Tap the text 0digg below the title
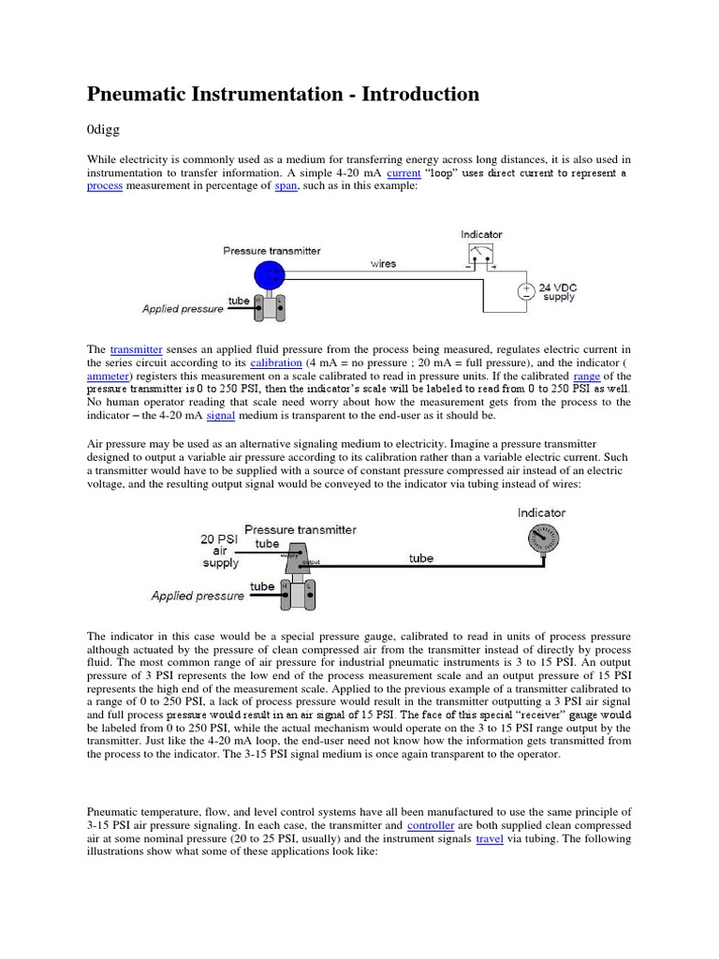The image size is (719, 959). pos(104,130)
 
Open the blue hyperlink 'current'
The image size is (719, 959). pos(403,173)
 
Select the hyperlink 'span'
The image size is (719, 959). pos(286,186)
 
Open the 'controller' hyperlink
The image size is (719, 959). pos(431,825)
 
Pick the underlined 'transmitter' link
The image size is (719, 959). pos(137,349)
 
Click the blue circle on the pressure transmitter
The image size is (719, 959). pos(270,274)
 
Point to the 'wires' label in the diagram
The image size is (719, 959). pos(383,264)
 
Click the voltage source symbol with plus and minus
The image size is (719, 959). pos(525,292)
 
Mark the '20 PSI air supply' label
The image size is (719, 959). pos(220,551)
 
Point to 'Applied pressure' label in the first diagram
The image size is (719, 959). pos(183,308)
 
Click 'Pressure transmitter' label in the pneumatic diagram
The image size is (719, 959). pos(300,529)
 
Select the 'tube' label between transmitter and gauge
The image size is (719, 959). pos(421,558)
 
